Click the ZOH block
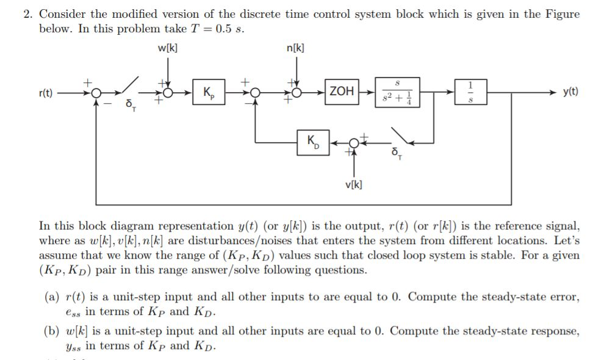click(x=341, y=92)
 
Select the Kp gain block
click(x=208, y=93)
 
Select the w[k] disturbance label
click(x=167, y=49)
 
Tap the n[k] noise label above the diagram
click(x=295, y=49)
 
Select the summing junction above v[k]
click(x=353, y=142)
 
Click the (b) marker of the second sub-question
click(x=51, y=331)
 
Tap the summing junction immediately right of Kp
click(x=256, y=93)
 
